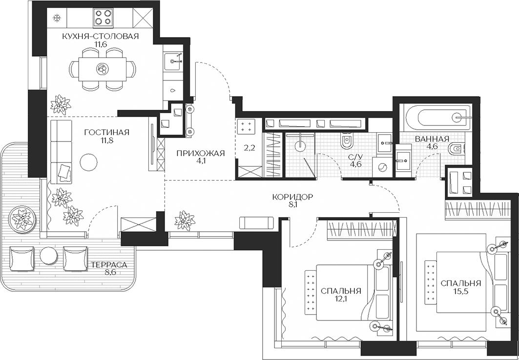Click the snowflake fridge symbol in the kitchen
57,18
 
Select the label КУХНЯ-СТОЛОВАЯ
100,37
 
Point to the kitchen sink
172,61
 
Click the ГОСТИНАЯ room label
106,132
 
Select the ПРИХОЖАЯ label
201,153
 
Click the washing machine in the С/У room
382,168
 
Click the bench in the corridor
257,223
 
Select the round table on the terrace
49,256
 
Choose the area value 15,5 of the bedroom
461,291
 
